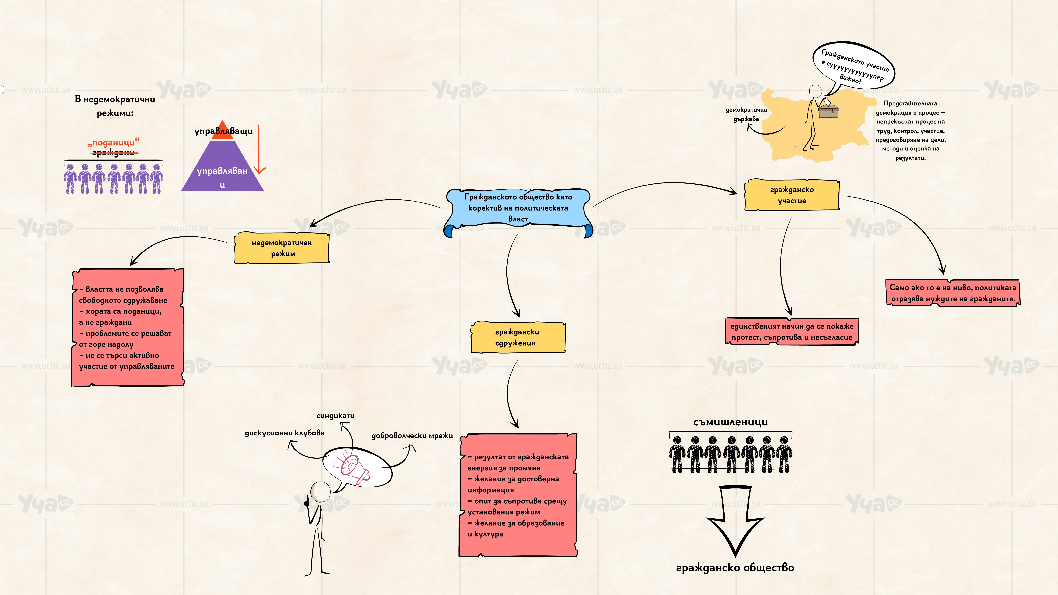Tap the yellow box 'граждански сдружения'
point(518,337)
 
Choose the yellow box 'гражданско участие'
point(792,195)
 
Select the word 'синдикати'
point(335,416)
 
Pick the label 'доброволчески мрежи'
point(412,436)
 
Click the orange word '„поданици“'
point(113,142)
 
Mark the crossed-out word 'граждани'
point(113,153)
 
